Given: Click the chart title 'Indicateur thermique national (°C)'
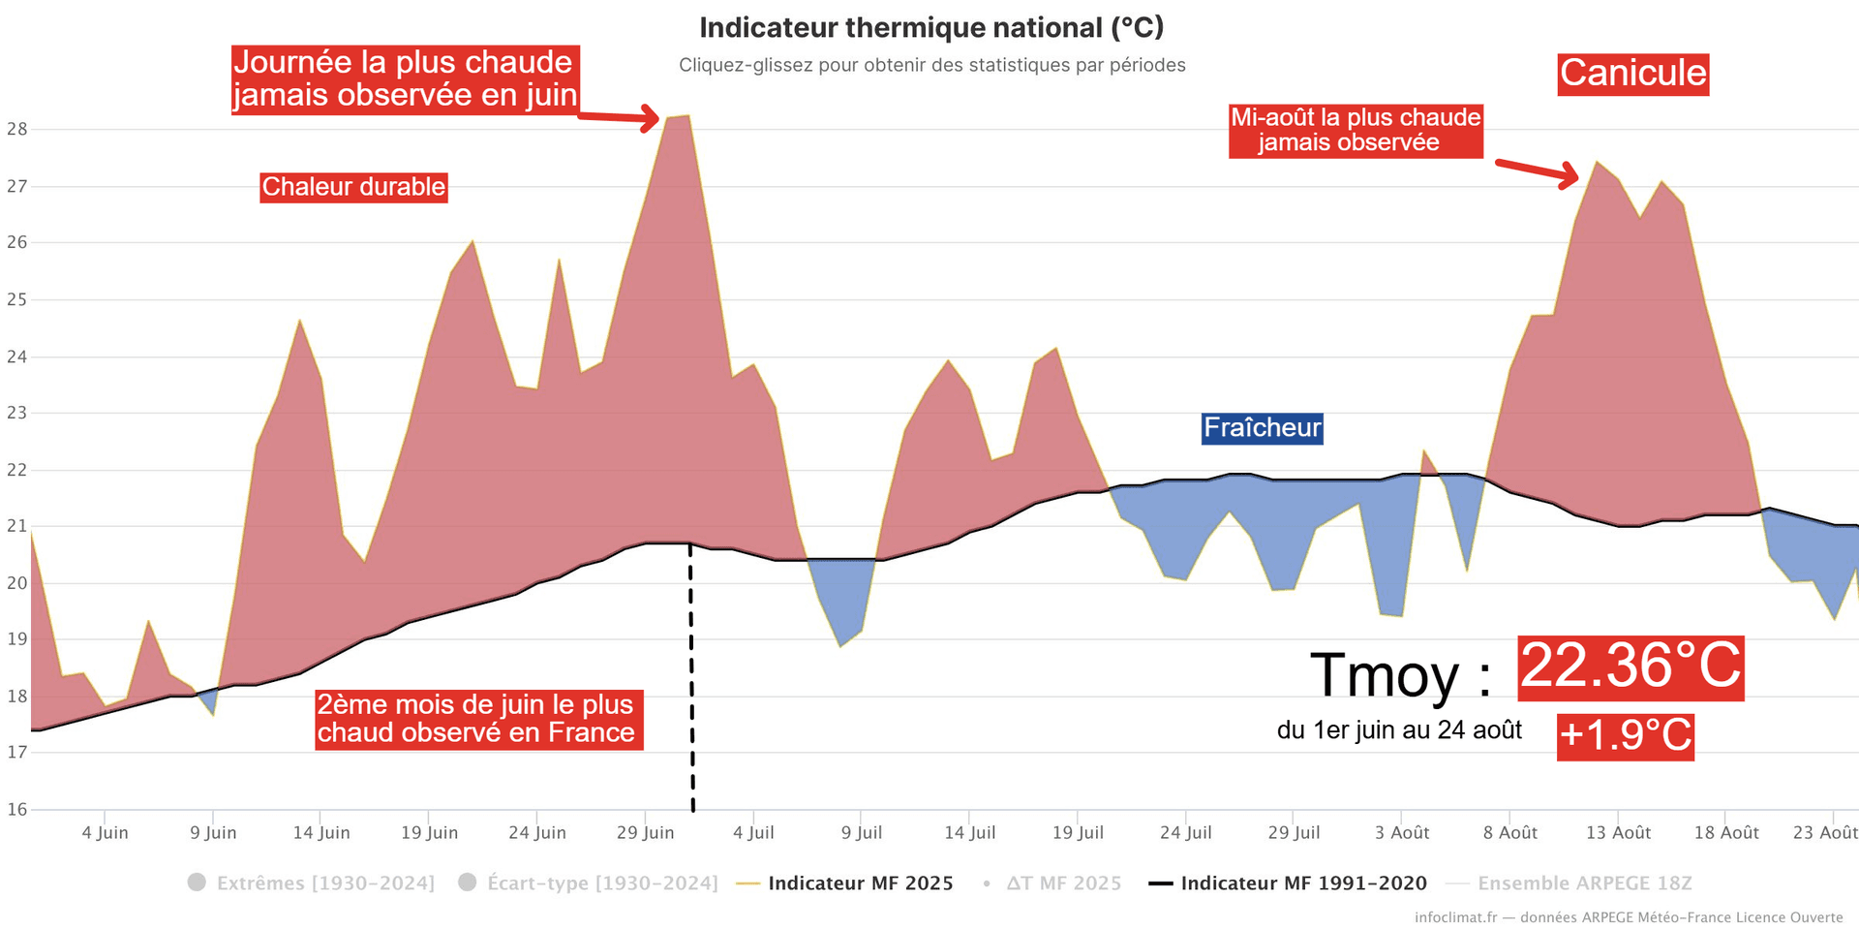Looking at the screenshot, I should (931, 27).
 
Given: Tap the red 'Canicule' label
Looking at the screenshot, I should (1633, 74).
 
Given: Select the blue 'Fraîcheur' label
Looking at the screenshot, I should (1262, 428).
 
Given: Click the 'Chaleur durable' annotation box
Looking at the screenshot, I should (353, 187).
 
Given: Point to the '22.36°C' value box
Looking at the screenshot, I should (1630, 667).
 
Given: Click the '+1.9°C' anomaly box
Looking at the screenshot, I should (1626, 735).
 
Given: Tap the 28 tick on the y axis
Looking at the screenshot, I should (17, 129).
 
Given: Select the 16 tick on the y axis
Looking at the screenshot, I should (17, 809).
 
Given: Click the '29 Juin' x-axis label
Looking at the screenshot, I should (645, 833).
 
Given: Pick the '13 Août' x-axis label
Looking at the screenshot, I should (1618, 833).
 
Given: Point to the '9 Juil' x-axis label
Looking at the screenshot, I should (862, 833).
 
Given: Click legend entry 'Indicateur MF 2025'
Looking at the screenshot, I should (860, 883).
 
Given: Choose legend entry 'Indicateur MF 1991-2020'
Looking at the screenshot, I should (1303, 883).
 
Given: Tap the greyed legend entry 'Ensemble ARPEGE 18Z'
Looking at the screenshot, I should (1584, 883).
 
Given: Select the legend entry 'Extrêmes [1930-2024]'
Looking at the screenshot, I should (325, 883).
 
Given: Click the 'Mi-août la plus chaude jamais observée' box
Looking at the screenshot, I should (1356, 131).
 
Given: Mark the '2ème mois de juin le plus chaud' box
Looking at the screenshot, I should (477, 719).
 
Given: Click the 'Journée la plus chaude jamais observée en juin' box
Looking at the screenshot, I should (405, 79).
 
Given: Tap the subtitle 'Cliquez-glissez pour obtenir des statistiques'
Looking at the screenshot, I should (931, 65).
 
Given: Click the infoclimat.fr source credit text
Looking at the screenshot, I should (1629, 917).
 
